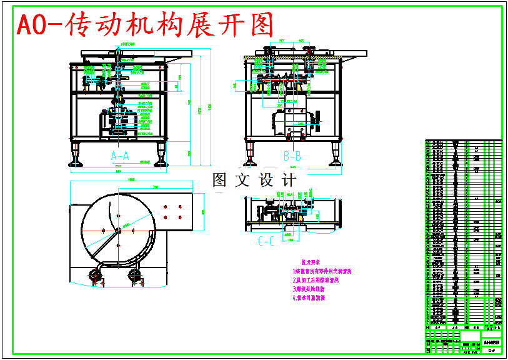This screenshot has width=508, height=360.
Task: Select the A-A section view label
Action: (119, 154)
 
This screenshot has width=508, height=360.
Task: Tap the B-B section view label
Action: (292, 154)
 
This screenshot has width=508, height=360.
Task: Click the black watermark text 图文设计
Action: (254, 181)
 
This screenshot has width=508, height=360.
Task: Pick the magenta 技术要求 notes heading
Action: (311, 262)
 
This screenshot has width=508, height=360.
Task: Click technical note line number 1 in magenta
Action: (323, 272)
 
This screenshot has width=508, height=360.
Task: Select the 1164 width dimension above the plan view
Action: (131, 180)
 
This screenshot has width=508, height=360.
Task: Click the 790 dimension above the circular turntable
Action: (156, 187)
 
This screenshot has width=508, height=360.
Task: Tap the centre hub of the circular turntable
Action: (117, 231)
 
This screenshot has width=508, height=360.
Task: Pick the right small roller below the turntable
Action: (134, 275)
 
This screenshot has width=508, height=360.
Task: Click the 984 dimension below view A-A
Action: (118, 169)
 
